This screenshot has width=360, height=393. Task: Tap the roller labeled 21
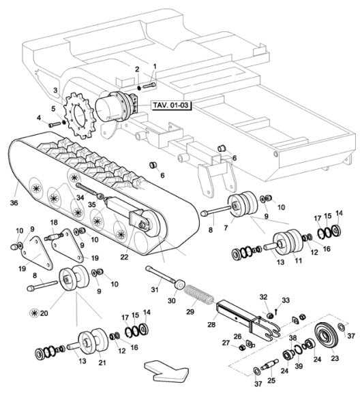tap(89, 341)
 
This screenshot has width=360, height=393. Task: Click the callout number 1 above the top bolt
tap(154, 67)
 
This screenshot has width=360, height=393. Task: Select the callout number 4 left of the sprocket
tap(40, 117)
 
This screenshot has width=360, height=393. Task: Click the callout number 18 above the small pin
tap(54, 223)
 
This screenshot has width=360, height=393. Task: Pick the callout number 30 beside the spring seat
tap(172, 300)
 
